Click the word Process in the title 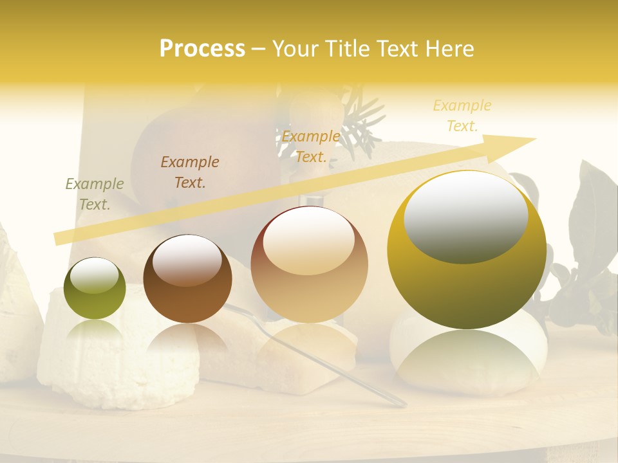point(202,49)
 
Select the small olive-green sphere point(95,288)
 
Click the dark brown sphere point(187,280)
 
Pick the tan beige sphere point(309,265)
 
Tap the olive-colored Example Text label point(95,194)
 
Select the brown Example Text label point(190,172)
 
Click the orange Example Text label point(311,147)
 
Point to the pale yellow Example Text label point(462,116)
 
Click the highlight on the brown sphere point(187,260)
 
